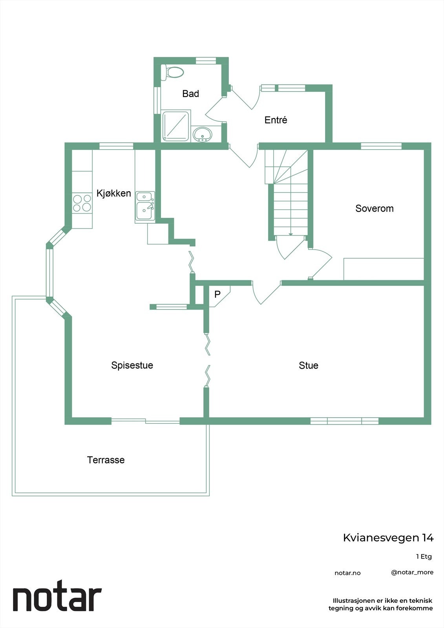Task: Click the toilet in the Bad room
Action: [x=173, y=73]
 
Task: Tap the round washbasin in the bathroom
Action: [x=203, y=134]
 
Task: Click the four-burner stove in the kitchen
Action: [x=82, y=203]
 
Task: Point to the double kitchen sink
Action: [x=145, y=206]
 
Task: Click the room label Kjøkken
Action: [x=114, y=193]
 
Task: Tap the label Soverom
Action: [x=374, y=208]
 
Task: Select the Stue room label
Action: [x=309, y=365]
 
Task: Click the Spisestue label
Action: [x=132, y=365]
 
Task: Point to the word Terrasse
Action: [x=106, y=460]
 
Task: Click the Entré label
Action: [x=276, y=120]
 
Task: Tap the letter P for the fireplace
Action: [x=217, y=294]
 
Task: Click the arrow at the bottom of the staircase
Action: [x=291, y=234]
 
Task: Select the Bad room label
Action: [x=190, y=94]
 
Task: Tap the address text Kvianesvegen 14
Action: [x=388, y=537]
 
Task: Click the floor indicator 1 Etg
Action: [x=424, y=557]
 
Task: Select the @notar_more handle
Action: [x=412, y=572]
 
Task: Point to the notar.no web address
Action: [x=347, y=573]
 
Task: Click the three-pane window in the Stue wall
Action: [x=344, y=421]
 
